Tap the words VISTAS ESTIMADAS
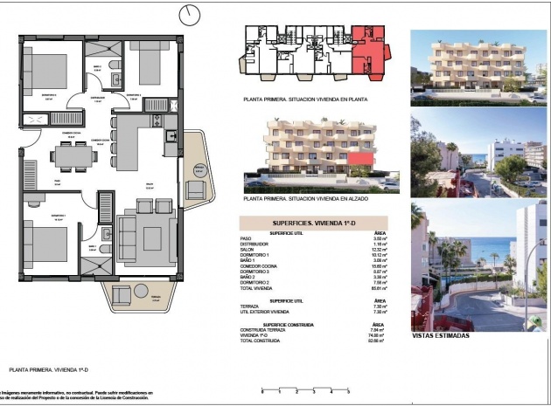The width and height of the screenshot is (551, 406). (441, 335)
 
